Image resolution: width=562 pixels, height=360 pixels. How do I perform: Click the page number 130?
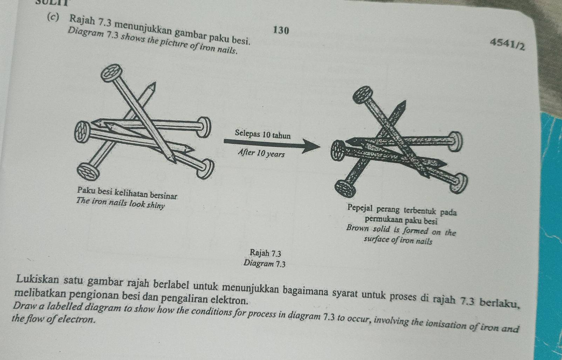pyautogui.click(x=281, y=30)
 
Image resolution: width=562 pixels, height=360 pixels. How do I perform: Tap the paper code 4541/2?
pyautogui.click(x=507, y=44)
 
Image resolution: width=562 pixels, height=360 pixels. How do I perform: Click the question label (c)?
pyautogui.click(x=54, y=16)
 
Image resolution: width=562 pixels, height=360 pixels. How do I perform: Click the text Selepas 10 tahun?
pyautogui.click(x=263, y=134)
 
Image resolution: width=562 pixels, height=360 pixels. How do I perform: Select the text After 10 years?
pyautogui.click(x=261, y=153)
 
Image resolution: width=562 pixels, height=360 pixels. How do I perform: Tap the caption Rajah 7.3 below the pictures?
pyautogui.click(x=266, y=253)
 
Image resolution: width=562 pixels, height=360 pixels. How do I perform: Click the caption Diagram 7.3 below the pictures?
pyautogui.click(x=265, y=263)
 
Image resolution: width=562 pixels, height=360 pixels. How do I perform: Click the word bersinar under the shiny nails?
pyautogui.click(x=163, y=195)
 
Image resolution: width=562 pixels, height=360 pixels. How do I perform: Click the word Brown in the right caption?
pyautogui.click(x=357, y=228)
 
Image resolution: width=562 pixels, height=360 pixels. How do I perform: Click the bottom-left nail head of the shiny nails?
pyautogui.click(x=88, y=172)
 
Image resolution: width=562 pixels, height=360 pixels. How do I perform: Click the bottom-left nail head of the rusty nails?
pyautogui.click(x=345, y=189)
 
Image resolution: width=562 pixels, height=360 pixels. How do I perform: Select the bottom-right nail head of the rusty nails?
pyautogui.click(x=459, y=184)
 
